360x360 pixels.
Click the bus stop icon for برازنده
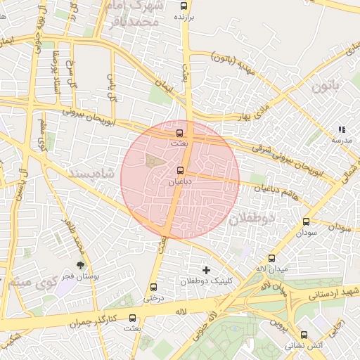(x=184, y=5)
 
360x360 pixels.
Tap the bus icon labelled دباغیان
(x=180, y=170)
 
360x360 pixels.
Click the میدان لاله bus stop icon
(x=272, y=258)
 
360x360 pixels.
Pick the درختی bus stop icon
(x=154, y=287)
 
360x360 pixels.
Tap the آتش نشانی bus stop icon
(x=304, y=335)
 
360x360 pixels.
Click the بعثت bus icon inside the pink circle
(x=179, y=132)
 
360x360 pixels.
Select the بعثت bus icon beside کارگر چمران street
(x=132, y=318)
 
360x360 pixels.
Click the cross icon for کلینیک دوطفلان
(x=206, y=270)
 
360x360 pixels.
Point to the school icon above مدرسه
(x=342, y=130)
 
